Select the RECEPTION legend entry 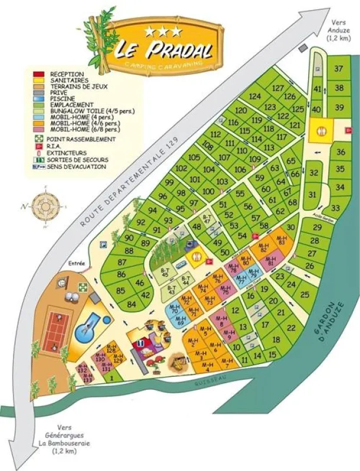65,74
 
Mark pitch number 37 339,68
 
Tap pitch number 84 131,304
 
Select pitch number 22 290,327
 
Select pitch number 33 335,208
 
